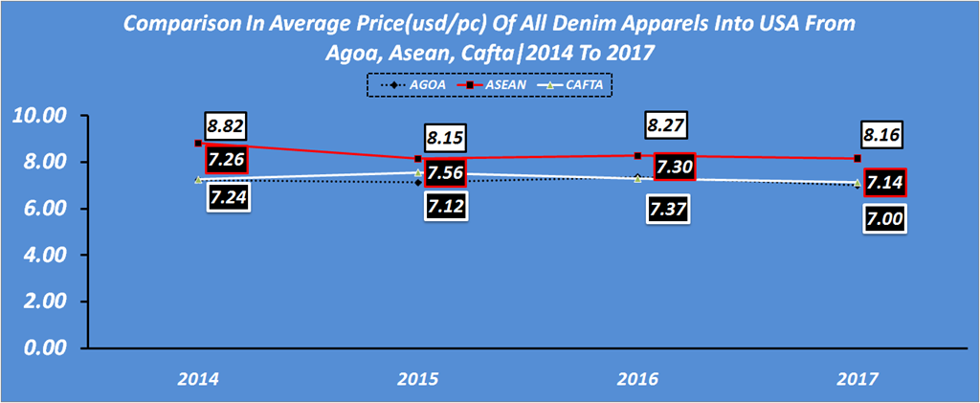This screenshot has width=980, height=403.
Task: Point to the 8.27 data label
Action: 668,125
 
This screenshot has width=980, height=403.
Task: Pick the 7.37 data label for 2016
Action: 668,209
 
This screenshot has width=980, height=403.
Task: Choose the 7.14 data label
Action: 886,182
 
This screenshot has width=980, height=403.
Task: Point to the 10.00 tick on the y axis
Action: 37,116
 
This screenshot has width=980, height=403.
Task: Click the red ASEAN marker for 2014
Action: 198,144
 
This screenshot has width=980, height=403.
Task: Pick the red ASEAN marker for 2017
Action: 858,158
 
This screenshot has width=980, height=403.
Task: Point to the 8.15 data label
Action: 444,137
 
